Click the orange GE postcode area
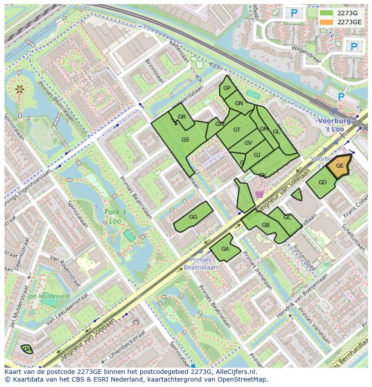(x=340, y=166)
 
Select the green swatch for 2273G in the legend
(x=327, y=13)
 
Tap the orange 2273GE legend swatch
(x=327, y=22)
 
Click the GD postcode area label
(x=322, y=182)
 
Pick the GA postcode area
(x=225, y=249)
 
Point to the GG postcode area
(x=193, y=217)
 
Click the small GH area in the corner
(x=27, y=349)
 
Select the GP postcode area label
(x=227, y=88)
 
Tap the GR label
(x=182, y=117)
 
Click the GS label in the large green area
(x=185, y=140)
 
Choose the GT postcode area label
(x=237, y=130)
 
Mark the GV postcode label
(x=248, y=143)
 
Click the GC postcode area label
(x=288, y=218)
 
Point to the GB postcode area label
(x=266, y=225)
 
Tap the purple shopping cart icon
(x=259, y=194)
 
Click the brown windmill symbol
(x=19, y=89)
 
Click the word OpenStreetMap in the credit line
(x=244, y=379)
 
